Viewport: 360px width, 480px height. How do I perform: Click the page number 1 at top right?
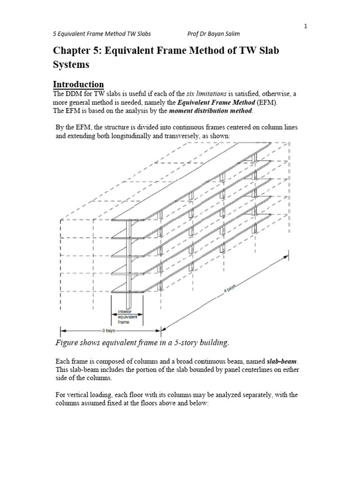click(x=306, y=26)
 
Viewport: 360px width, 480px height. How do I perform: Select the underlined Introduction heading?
click(x=78, y=84)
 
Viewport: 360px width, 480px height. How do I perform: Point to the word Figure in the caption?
click(x=67, y=343)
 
